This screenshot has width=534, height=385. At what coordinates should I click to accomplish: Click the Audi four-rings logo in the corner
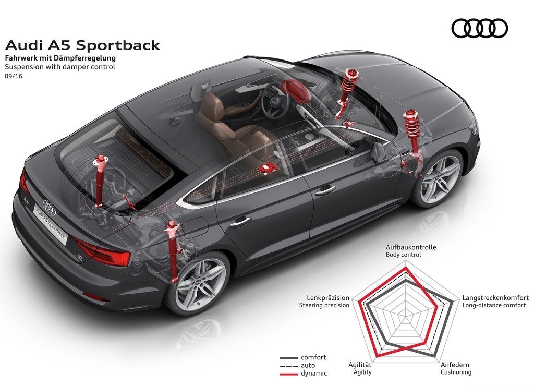pos(480,28)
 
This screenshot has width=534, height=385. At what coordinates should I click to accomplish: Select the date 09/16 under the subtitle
pos(14,76)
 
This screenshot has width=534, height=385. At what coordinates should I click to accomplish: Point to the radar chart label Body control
pos(403,255)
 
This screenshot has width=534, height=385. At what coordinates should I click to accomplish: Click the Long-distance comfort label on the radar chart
pos(494,305)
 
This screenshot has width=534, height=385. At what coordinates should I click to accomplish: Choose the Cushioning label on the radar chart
pos(456,372)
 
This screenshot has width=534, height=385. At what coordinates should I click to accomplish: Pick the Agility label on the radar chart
pos(362,372)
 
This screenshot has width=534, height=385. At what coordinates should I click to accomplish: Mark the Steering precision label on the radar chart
pos(324,305)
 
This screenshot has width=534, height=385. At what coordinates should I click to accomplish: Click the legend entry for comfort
pos(303,357)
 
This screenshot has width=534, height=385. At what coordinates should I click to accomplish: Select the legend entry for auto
pos(297,366)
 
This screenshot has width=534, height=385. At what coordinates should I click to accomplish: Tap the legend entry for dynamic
pos(304,374)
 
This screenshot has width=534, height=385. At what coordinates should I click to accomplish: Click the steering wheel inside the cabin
pos(277,101)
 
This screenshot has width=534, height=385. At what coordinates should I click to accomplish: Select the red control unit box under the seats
pos(267,169)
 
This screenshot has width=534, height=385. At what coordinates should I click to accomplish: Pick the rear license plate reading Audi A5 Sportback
pos(50,223)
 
